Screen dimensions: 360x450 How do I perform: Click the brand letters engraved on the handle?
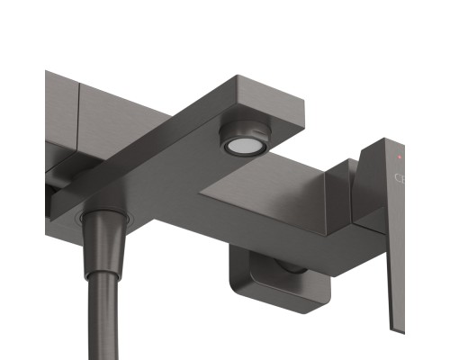pos(401,177)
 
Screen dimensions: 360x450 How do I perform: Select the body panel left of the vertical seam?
pos(61,108)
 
